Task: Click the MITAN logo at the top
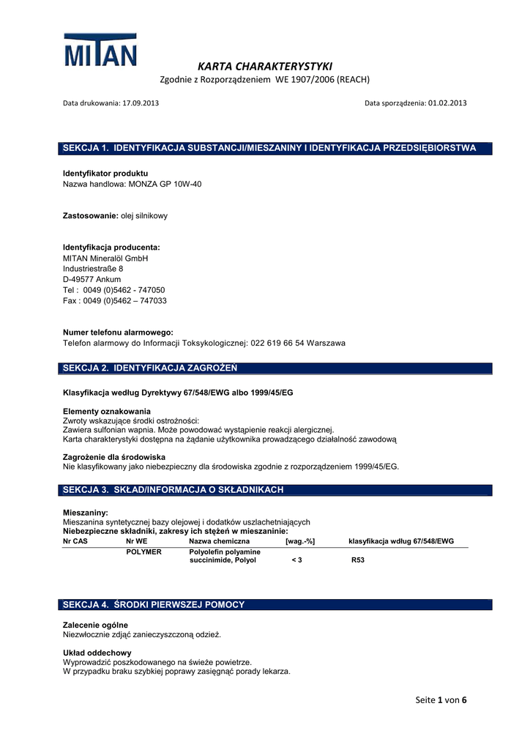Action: point(100,51)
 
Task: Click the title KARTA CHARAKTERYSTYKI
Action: point(264,66)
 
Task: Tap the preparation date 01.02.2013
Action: point(447,103)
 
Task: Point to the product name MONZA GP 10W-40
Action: point(165,185)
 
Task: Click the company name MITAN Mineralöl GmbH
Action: point(105,259)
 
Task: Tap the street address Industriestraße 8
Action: point(93,269)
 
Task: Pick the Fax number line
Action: point(115,301)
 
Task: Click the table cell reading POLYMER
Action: point(144,552)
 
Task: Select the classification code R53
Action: point(358,560)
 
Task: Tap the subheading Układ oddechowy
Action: point(97,653)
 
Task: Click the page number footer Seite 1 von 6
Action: point(441,700)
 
